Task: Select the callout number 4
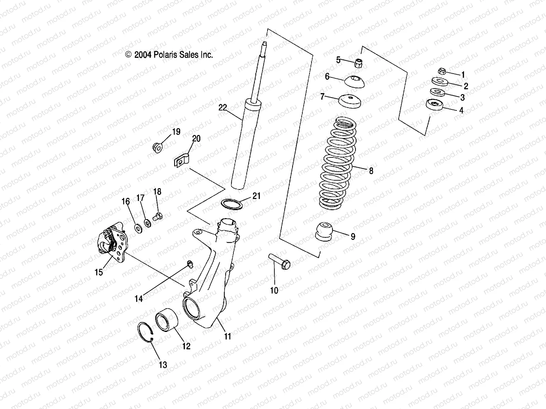[x=461, y=110]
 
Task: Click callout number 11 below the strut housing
[x=228, y=336]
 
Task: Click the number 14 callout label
[x=139, y=299]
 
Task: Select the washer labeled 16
[x=139, y=228]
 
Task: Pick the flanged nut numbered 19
[x=158, y=148]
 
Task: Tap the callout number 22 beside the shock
[x=222, y=108]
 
